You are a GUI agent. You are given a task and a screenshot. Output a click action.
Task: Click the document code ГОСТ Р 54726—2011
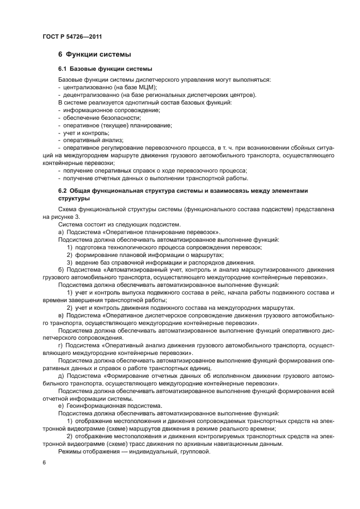[x=72, y=36]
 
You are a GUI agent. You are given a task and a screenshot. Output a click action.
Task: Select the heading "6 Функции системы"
[x=94, y=54]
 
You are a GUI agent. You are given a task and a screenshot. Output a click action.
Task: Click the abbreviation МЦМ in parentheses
[x=146, y=87]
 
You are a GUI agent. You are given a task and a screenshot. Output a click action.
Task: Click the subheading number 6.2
[x=64, y=191]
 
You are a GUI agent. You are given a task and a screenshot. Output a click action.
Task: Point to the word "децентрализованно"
[x=88, y=95]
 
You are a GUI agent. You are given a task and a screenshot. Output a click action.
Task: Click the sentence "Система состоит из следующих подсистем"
[x=119, y=224]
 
